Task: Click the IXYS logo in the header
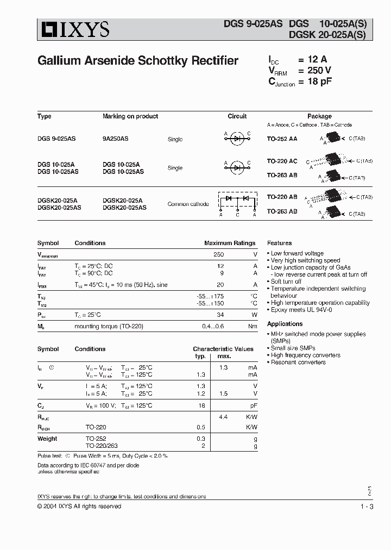tap(73, 29)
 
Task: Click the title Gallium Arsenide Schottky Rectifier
tap(137, 61)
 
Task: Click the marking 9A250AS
tap(116, 139)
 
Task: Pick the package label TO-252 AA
tap(282, 139)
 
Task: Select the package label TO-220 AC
tap(282, 161)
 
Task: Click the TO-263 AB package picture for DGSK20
tap(331, 211)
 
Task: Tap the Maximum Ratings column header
tap(229, 243)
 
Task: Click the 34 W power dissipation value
tap(220, 315)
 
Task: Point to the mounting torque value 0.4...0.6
tap(213, 326)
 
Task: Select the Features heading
tap(279, 243)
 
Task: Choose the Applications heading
tap(285, 324)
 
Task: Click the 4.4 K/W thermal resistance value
tap(223, 417)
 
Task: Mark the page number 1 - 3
tap(367, 507)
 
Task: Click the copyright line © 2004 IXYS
tap(79, 507)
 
